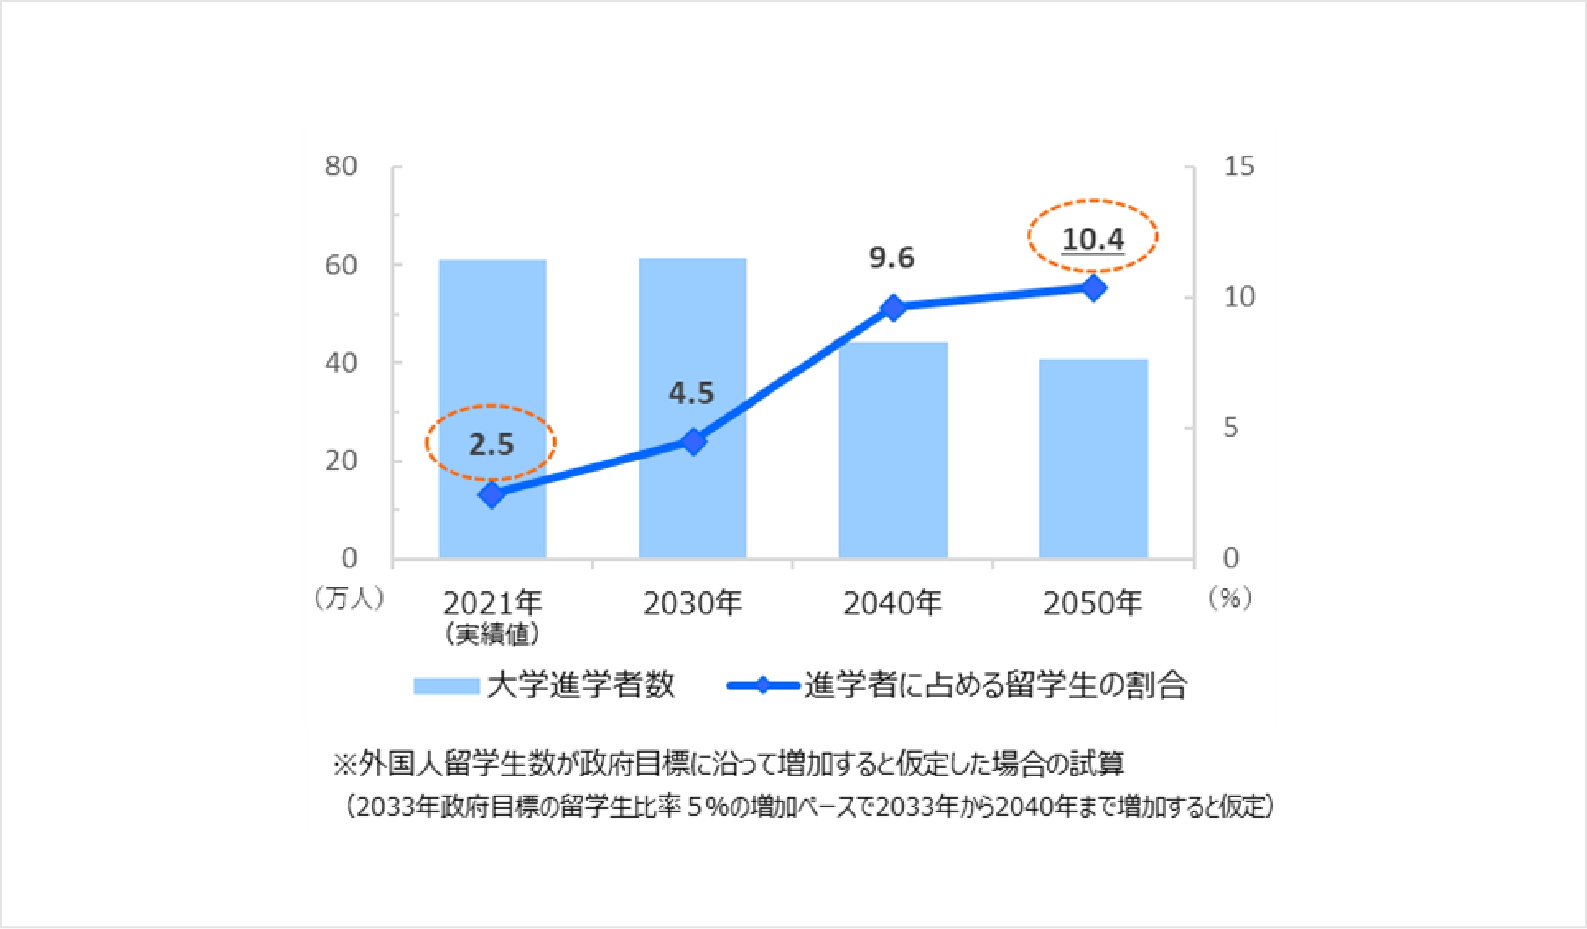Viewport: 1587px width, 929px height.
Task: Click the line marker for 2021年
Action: click(x=492, y=494)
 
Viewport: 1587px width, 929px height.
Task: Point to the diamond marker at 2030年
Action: click(x=693, y=442)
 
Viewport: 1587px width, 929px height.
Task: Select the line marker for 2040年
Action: click(x=894, y=308)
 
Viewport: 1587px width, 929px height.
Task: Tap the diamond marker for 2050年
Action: click(x=1094, y=288)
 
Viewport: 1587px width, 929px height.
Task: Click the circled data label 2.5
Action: click(x=491, y=445)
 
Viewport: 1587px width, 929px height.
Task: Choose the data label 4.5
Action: click(x=691, y=394)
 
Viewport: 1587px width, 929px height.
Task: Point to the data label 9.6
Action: click(x=892, y=258)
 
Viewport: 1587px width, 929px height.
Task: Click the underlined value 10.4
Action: click(x=1093, y=239)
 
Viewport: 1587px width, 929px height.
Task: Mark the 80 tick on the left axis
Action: click(x=341, y=167)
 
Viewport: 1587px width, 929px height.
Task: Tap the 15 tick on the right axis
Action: click(x=1239, y=167)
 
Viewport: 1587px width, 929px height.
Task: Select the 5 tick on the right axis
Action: click(x=1231, y=428)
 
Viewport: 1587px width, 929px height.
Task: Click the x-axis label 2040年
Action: click(x=892, y=604)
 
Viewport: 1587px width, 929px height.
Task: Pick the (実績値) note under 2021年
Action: click(x=492, y=635)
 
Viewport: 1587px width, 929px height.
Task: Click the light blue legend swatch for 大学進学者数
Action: click(x=446, y=686)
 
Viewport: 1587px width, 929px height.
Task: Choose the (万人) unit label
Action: click(x=348, y=599)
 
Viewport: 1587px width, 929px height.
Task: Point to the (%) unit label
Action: click(x=1230, y=599)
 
